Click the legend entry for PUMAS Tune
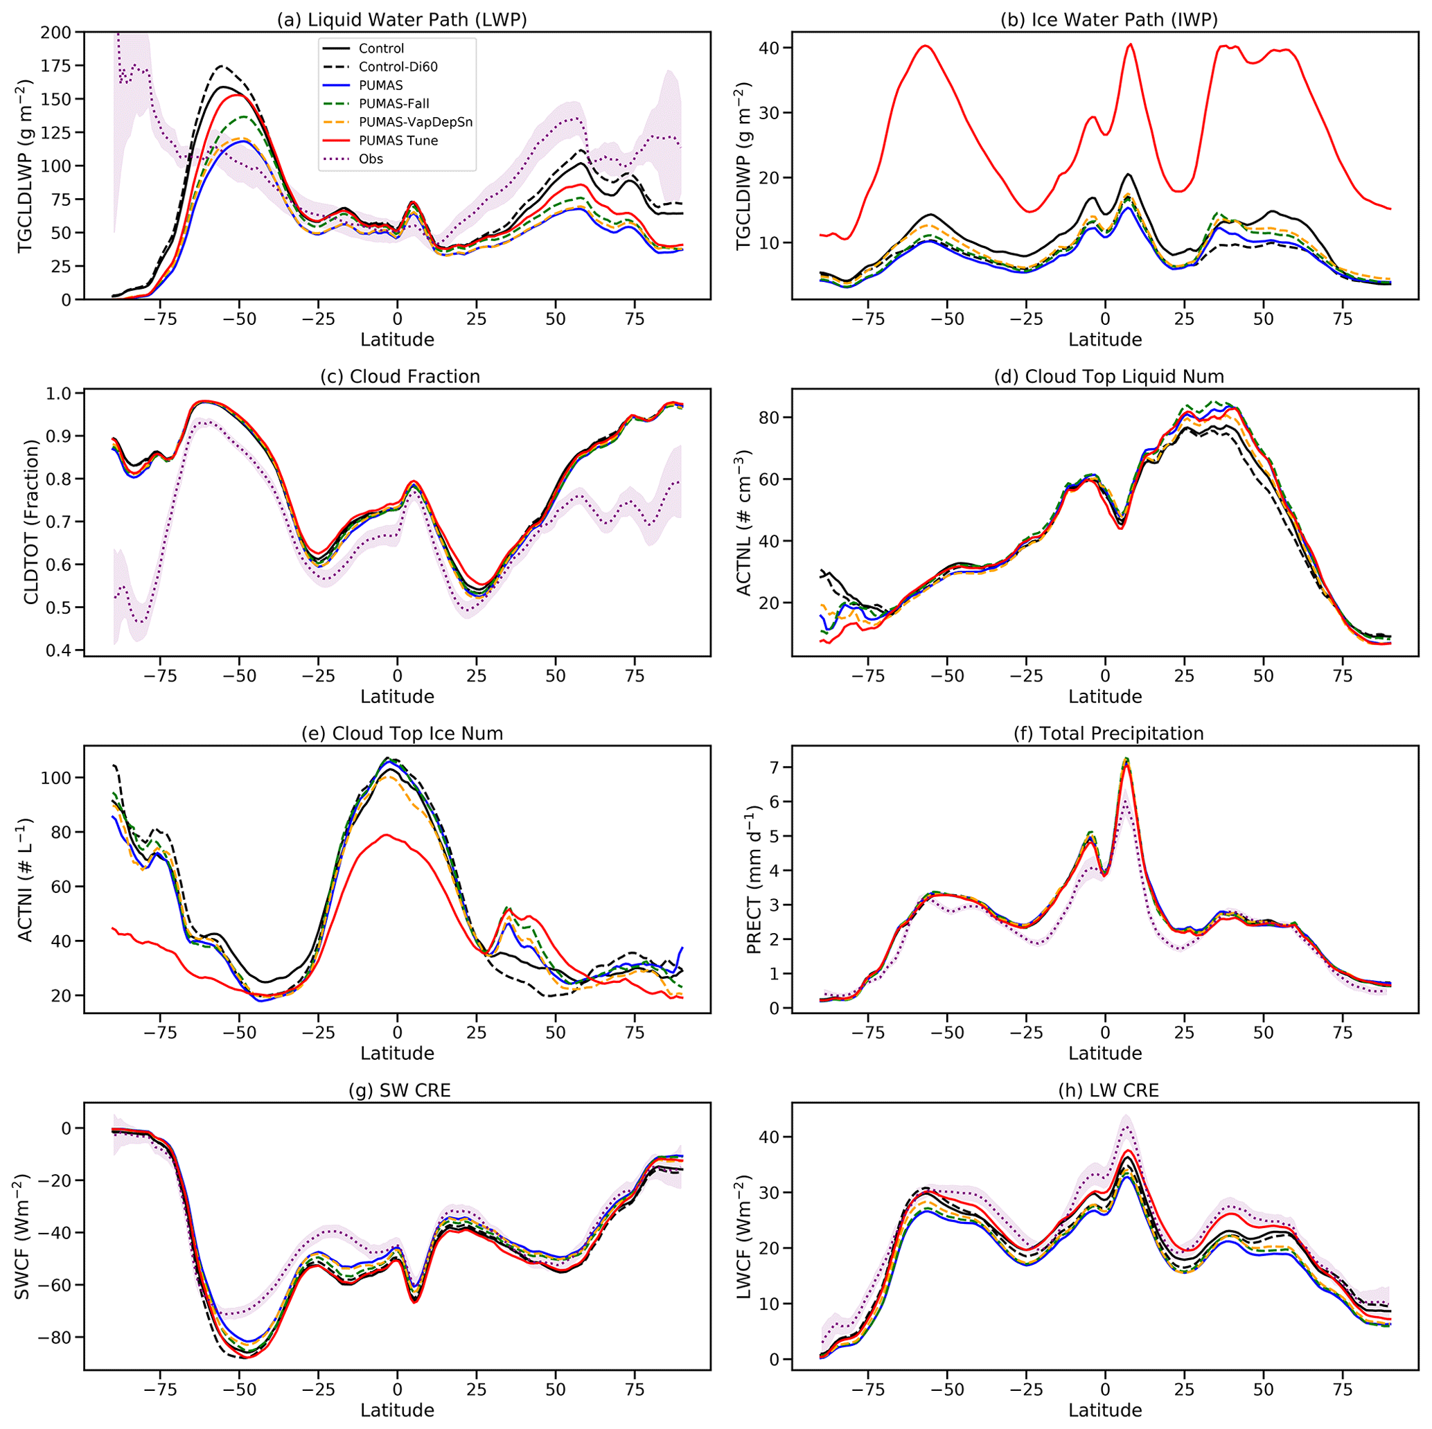[x=398, y=141]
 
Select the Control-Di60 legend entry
[x=398, y=66]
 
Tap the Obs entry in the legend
[x=371, y=159]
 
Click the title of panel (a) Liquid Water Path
[x=402, y=20]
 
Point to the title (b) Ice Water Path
[x=1109, y=20]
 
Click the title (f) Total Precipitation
[x=1109, y=734]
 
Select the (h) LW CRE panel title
[x=1109, y=1090]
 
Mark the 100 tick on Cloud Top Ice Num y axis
[x=56, y=779]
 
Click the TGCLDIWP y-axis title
[x=743, y=167]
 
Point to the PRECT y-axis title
[x=754, y=879]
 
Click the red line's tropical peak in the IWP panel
[x=1131, y=44]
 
